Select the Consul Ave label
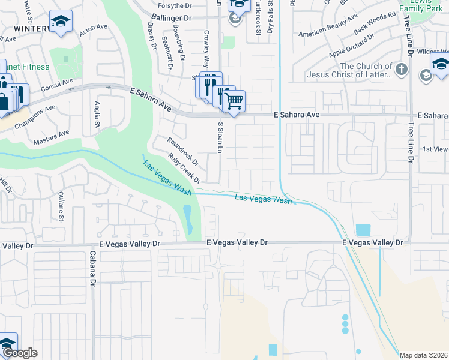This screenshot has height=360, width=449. (x=57, y=88)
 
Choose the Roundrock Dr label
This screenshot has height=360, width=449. (x=183, y=151)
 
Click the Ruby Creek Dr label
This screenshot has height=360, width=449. (x=184, y=168)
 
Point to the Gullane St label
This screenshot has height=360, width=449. (x=61, y=206)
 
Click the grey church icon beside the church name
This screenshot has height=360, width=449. (x=402, y=70)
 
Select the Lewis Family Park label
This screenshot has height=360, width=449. (x=423, y=6)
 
